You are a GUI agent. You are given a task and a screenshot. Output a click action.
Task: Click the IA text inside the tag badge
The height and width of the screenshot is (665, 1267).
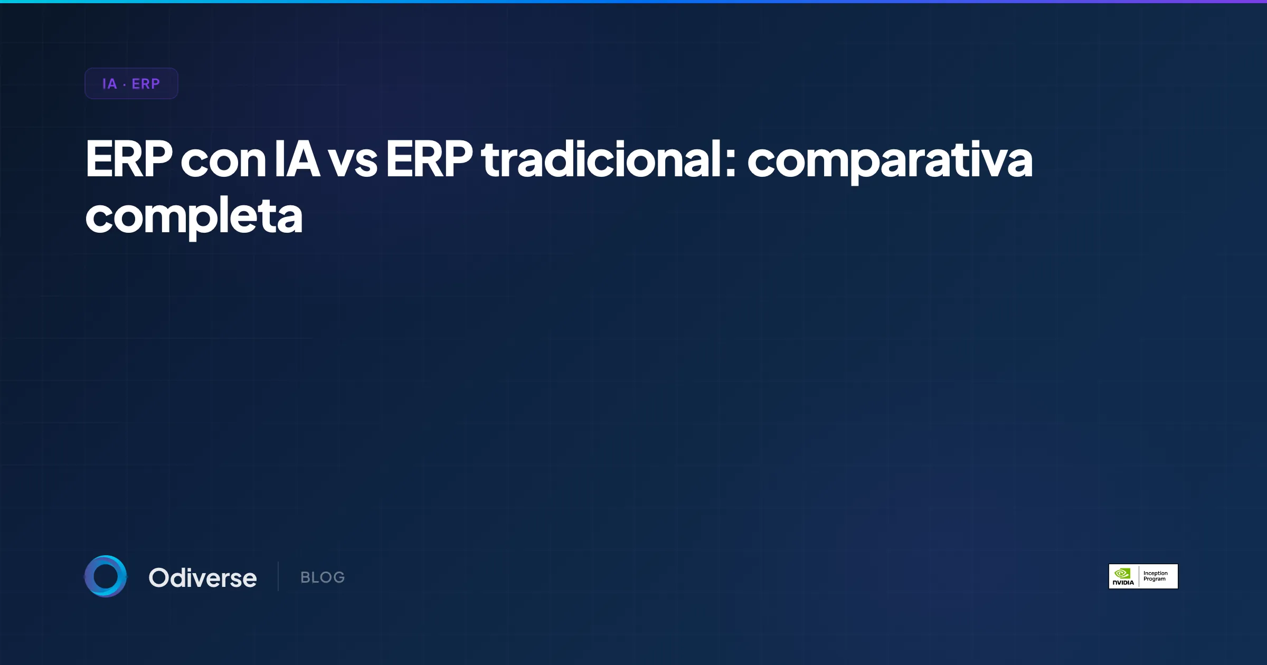109,84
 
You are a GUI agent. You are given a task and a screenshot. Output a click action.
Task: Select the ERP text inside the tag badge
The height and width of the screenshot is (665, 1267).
146,84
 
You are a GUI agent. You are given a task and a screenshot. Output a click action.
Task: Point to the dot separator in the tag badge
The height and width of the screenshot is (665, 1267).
124,84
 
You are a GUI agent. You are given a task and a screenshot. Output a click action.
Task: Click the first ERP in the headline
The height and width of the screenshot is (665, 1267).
129,159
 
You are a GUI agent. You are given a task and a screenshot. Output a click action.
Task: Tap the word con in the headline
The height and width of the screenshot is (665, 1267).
223,161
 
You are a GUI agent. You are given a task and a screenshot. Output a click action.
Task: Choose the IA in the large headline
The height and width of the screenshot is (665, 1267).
297,159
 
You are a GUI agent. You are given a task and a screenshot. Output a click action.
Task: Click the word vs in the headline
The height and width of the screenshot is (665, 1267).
353,161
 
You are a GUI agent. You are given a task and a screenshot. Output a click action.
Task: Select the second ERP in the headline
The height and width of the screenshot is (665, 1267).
429,159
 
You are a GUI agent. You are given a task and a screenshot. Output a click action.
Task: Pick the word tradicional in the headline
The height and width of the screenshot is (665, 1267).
601,159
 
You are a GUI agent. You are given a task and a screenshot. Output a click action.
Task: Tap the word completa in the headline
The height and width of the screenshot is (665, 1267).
194,217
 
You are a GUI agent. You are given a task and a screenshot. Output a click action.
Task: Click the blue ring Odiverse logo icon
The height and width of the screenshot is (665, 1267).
106,576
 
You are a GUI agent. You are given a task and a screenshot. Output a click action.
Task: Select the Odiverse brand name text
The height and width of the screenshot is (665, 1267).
203,578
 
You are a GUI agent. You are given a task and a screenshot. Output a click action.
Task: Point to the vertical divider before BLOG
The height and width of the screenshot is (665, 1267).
278,576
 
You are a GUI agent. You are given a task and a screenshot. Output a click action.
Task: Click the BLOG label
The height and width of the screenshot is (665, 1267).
323,577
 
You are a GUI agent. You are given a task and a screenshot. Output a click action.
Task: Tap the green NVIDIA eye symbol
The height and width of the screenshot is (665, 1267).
1122,573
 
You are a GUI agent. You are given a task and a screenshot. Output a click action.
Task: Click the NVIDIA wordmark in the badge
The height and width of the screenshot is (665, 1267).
1123,583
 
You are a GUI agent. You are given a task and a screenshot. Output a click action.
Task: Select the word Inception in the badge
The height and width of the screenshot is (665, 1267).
1156,573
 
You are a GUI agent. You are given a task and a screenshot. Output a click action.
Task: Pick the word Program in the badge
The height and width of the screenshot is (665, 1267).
1155,579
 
